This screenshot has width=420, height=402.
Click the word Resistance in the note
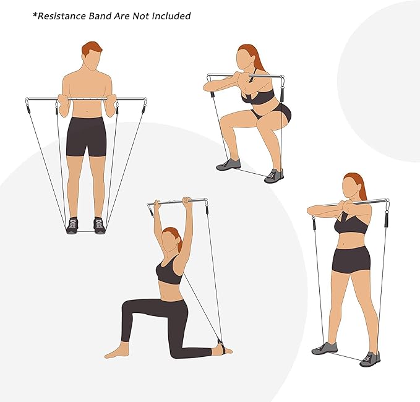62,15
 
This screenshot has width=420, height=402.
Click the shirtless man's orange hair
92,47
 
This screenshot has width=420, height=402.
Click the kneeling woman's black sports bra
168,272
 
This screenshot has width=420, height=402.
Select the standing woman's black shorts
351,259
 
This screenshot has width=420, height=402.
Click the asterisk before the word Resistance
35,14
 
